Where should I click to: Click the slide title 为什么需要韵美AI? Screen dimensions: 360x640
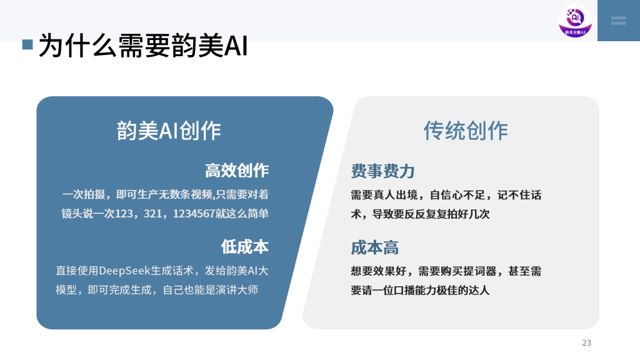pyautogui.click(x=142, y=46)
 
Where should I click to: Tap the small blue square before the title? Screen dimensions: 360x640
pyautogui.click(x=27, y=44)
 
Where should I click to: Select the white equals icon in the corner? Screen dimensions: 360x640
pyautogui.click(x=618, y=21)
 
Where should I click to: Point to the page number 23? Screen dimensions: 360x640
pyautogui.click(x=586, y=342)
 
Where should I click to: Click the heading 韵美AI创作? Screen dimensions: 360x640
pyautogui.click(x=169, y=131)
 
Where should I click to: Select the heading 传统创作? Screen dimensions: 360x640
pyautogui.click(x=466, y=131)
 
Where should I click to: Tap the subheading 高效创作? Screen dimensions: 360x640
pyautogui.click(x=237, y=170)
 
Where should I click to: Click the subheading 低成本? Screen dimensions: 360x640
pyautogui.click(x=244, y=246)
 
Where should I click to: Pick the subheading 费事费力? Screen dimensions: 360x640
pyautogui.click(x=382, y=171)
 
